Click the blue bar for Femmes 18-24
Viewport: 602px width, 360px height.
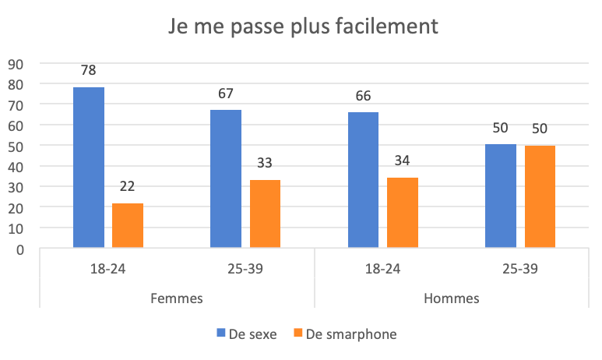click(x=89, y=168)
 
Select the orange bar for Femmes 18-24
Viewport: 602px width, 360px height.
click(x=128, y=226)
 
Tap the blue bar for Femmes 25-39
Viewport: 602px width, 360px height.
click(x=226, y=179)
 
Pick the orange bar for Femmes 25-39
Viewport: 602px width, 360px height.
click(x=265, y=214)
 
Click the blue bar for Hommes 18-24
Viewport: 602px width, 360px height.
click(x=363, y=180)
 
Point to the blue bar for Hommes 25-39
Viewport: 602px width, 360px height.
click(x=500, y=196)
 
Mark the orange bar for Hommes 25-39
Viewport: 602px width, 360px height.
click(x=540, y=197)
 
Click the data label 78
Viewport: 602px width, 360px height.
click(x=89, y=70)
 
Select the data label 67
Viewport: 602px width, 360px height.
click(x=226, y=94)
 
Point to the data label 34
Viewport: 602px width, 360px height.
click(x=402, y=161)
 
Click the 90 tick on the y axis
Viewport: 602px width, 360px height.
click(x=16, y=64)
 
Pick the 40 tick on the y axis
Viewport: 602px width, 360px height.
click(x=16, y=167)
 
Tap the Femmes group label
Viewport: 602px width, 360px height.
click(x=177, y=298)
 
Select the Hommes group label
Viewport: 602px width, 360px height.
click(x=452, y=298)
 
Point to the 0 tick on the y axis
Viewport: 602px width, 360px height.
click(x=20, y=249)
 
